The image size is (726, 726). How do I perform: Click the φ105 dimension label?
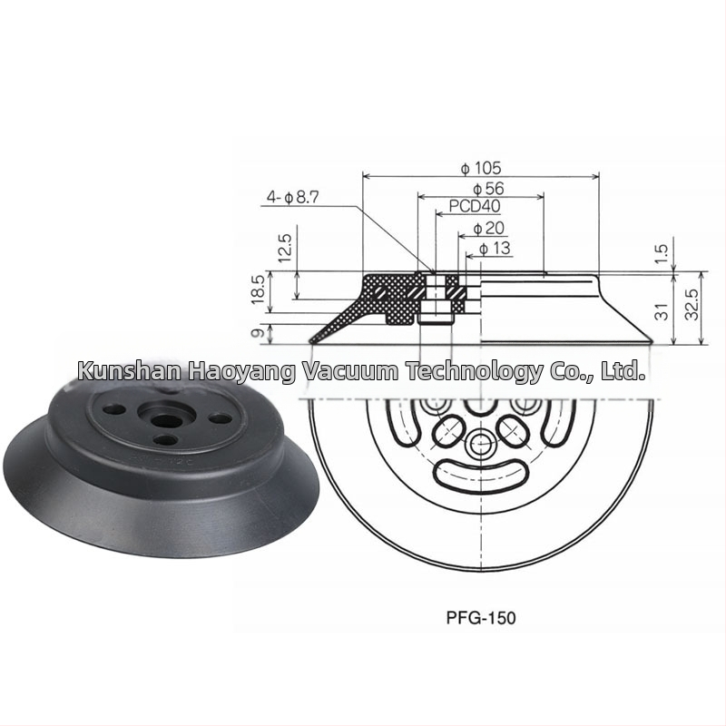point(481,168)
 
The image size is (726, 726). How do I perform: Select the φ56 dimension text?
point(488,189)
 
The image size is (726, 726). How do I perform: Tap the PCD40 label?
point(475,206)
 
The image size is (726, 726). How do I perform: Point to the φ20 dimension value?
point(488,228)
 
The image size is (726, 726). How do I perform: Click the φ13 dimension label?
point(495,248)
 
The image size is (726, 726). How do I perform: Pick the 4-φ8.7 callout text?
point(292,198)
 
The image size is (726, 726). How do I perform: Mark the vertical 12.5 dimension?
point(286,249)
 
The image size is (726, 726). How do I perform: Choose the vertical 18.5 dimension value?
point(259,289)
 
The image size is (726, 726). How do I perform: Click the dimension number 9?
point(259,332)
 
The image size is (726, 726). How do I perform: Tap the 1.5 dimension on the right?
point(662,254)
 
